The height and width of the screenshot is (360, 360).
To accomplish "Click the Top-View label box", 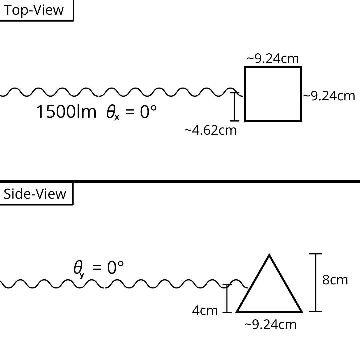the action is (37, 10).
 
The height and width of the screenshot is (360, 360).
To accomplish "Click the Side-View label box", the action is (37, 194).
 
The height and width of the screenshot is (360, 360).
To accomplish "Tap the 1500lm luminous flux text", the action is (66, 112).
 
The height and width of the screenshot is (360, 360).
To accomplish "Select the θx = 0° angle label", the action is (132, 112).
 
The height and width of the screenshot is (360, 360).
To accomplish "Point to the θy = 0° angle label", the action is (99, 268).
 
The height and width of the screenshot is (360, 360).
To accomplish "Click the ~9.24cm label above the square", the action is (273, 59).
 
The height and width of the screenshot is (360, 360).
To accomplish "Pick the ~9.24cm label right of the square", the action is (329, 96).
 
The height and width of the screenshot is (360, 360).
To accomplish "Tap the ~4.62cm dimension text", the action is (211, 130).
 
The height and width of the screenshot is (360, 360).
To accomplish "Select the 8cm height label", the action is (335, 280).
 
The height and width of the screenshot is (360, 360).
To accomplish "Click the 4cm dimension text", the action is (205, 311).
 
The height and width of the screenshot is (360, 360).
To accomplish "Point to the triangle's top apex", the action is (269, 255).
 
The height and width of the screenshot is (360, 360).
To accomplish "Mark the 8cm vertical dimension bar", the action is (316, 282).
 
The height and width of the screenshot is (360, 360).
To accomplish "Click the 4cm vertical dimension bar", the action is (227, 298).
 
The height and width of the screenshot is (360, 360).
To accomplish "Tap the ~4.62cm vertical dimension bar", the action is (235, 107).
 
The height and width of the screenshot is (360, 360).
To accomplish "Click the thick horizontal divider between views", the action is (180, 181).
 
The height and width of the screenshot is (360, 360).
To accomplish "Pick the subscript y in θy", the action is (82, 275).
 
